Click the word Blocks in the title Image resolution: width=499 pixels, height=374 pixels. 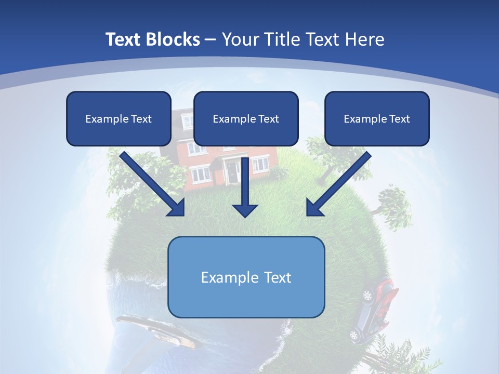click(173, 39)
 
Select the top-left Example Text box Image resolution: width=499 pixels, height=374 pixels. click(119, 118)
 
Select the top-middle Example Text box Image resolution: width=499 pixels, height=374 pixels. click(246, 118)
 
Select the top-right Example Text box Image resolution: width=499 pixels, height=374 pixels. click(377, 118)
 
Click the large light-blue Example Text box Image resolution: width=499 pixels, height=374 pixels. click(246, 277)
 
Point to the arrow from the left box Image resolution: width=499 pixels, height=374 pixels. click(153, 185)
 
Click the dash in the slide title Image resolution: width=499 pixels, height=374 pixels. click(211, 39)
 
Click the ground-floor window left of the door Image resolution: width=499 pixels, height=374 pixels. click(200, 175)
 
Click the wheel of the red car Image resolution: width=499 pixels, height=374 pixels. click(367, 296)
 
